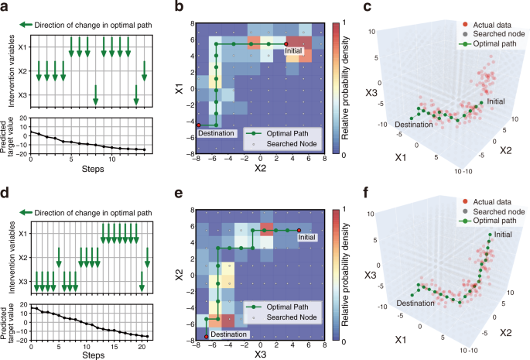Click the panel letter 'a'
5,7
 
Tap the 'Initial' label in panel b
295,53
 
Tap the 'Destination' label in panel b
215,132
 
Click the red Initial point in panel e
299,230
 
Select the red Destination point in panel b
199,125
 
